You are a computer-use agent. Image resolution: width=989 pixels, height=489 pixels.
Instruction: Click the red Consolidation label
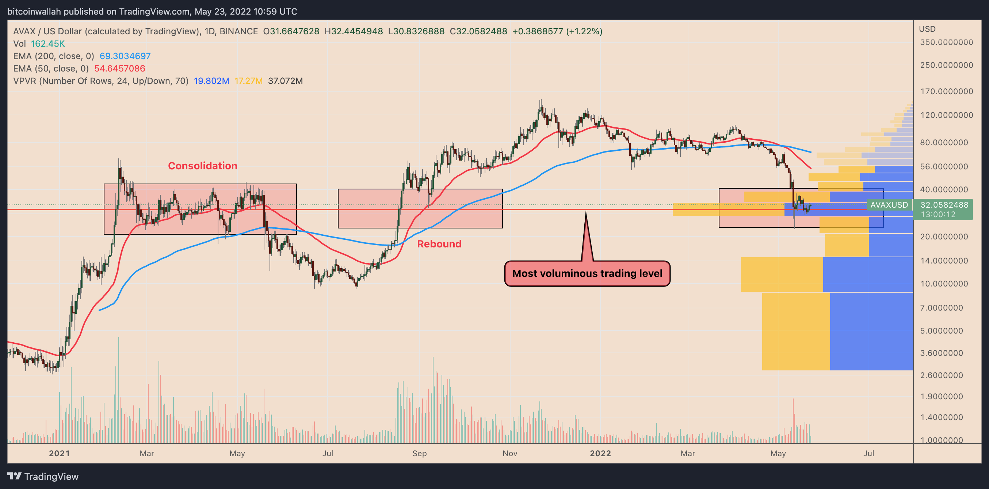pyautogui.click(x=202, y=166)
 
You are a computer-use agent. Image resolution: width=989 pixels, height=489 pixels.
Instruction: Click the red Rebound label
pyautogui.click(x=439, y=244)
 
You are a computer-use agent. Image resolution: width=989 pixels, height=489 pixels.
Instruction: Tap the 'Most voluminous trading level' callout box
pyautogui.click(x=587, y=273)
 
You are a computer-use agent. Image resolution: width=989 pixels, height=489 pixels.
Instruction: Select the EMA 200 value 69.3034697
pyautogui.click(x=125, y=56)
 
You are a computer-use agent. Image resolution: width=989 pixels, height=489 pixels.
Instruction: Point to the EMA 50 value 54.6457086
pyautogui.click(x=119, y=68)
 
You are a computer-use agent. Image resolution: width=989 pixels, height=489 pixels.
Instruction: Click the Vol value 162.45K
pyautogui.click(x=47, y=44)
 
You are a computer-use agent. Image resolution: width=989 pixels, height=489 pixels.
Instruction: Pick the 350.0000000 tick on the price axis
pyautogui.click(x=946, y=42)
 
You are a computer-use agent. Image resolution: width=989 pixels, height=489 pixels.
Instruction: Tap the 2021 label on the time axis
pyautogui.click(x=60, y=453)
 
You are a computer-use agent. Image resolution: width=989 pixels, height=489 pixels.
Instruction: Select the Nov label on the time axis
pyautogui.click(x=509, y=453)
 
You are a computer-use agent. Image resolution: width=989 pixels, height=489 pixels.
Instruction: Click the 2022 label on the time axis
pyautogui.click(x=600, y=453)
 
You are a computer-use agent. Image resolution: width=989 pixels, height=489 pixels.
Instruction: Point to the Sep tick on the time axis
pyautogui.click(x=419, y=453)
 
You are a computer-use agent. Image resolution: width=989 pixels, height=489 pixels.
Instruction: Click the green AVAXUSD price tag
pyautogui.click(x=889, y=205)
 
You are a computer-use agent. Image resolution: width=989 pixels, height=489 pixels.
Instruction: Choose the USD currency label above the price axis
pyautogui.click(x=927, y=29)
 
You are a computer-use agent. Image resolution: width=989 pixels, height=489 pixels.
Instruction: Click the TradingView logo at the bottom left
pyautogui.click(x=43, y=476)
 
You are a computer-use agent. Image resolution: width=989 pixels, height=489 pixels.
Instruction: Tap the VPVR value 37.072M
pyautogui.click(x=285, y=81)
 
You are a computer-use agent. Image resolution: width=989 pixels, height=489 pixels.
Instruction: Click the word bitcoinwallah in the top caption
pyautogui.click(x=34, y=12)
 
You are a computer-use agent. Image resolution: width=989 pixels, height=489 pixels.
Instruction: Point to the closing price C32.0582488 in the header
pyautogui.click(x=478, y=31)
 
